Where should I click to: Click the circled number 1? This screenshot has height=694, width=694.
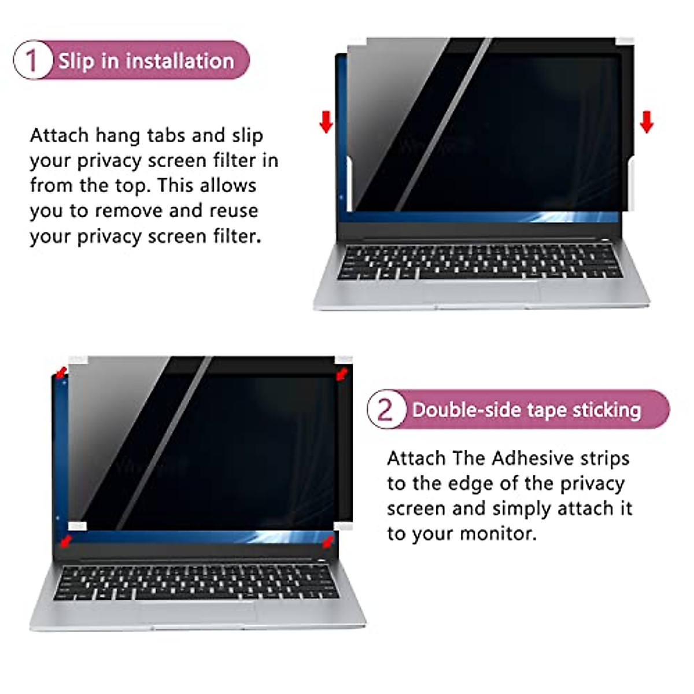pyautogui.click(x=32, y=61)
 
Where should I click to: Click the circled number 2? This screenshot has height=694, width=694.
pyautogui.click(x=385, y=409)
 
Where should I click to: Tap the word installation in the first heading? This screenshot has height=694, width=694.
pyautogui.click(x=179, y=61)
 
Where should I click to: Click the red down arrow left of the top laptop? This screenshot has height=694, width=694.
pyautogui.click(x=327, y=121)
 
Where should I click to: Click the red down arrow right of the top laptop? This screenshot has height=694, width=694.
pyautogui.click(x=647, y=121)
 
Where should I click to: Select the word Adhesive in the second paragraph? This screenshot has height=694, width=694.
pyautogui.click(x=532, y=458)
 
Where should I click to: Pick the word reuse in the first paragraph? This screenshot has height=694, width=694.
pyautogui.click(x=233, y=211)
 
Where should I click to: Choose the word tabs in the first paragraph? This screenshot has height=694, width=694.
pyautogui.click(x=167, y=135)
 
